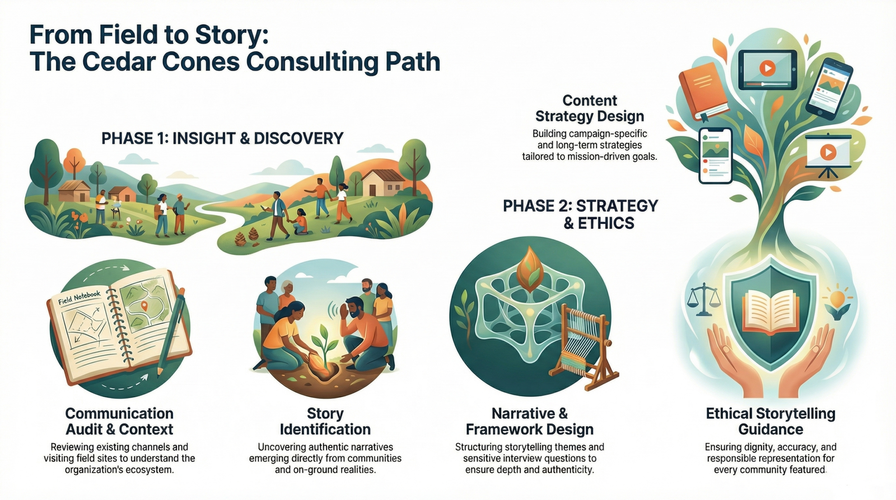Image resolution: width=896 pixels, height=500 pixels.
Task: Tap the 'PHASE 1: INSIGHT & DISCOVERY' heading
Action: click(x=222, y=138)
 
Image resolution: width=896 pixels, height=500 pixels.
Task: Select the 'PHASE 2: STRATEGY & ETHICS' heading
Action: click(x=580, y=214)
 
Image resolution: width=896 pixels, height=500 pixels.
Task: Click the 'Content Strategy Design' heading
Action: click(x=590, y=109)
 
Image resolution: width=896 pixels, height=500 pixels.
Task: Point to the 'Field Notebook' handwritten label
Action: click(x=79, y=297)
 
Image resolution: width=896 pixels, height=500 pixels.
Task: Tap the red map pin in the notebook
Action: click(x=144, y=306)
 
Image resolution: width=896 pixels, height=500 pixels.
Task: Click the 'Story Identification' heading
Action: click(x=325, y=422)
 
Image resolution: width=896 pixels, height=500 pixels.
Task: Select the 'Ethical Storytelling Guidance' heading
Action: click(x=770, y=422)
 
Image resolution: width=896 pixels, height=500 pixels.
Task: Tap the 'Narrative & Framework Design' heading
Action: click(x=529, y=422)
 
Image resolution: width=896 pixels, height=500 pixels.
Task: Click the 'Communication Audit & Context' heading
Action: click(x=119, y=422)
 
